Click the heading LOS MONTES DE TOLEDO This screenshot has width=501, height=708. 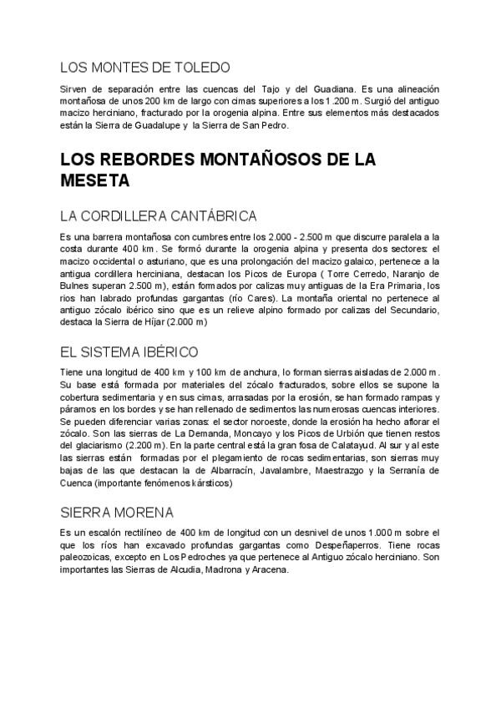tap(145, 66)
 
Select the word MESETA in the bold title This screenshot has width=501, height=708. tap(95, 180)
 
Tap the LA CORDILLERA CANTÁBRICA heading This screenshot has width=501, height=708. tap(158, 216)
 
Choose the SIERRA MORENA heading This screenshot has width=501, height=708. tap(117, 512)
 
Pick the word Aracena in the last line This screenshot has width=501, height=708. tap(263, 570)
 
